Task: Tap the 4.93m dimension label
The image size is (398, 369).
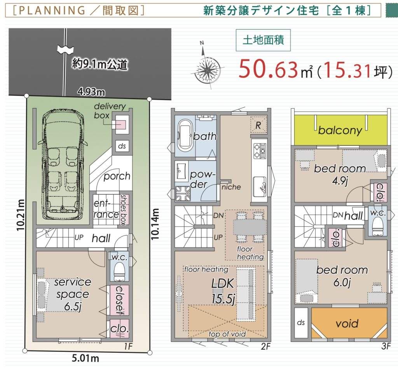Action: [91, 92]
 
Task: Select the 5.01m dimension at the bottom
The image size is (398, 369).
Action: [85, 359]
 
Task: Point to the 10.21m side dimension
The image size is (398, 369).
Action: [21, 215]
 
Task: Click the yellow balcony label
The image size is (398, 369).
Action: [340, 131]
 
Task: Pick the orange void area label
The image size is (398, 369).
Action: [347, 324]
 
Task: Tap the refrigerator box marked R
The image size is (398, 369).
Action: [258, 125]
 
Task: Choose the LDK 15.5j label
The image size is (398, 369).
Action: [223, 291]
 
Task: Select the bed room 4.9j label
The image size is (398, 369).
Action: [340, 174]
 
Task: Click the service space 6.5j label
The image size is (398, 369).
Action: [73, 295]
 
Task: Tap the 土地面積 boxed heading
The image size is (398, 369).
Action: [263, 40]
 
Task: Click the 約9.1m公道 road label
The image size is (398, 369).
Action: [99, 64]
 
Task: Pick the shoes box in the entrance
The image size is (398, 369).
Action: [123, 210]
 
